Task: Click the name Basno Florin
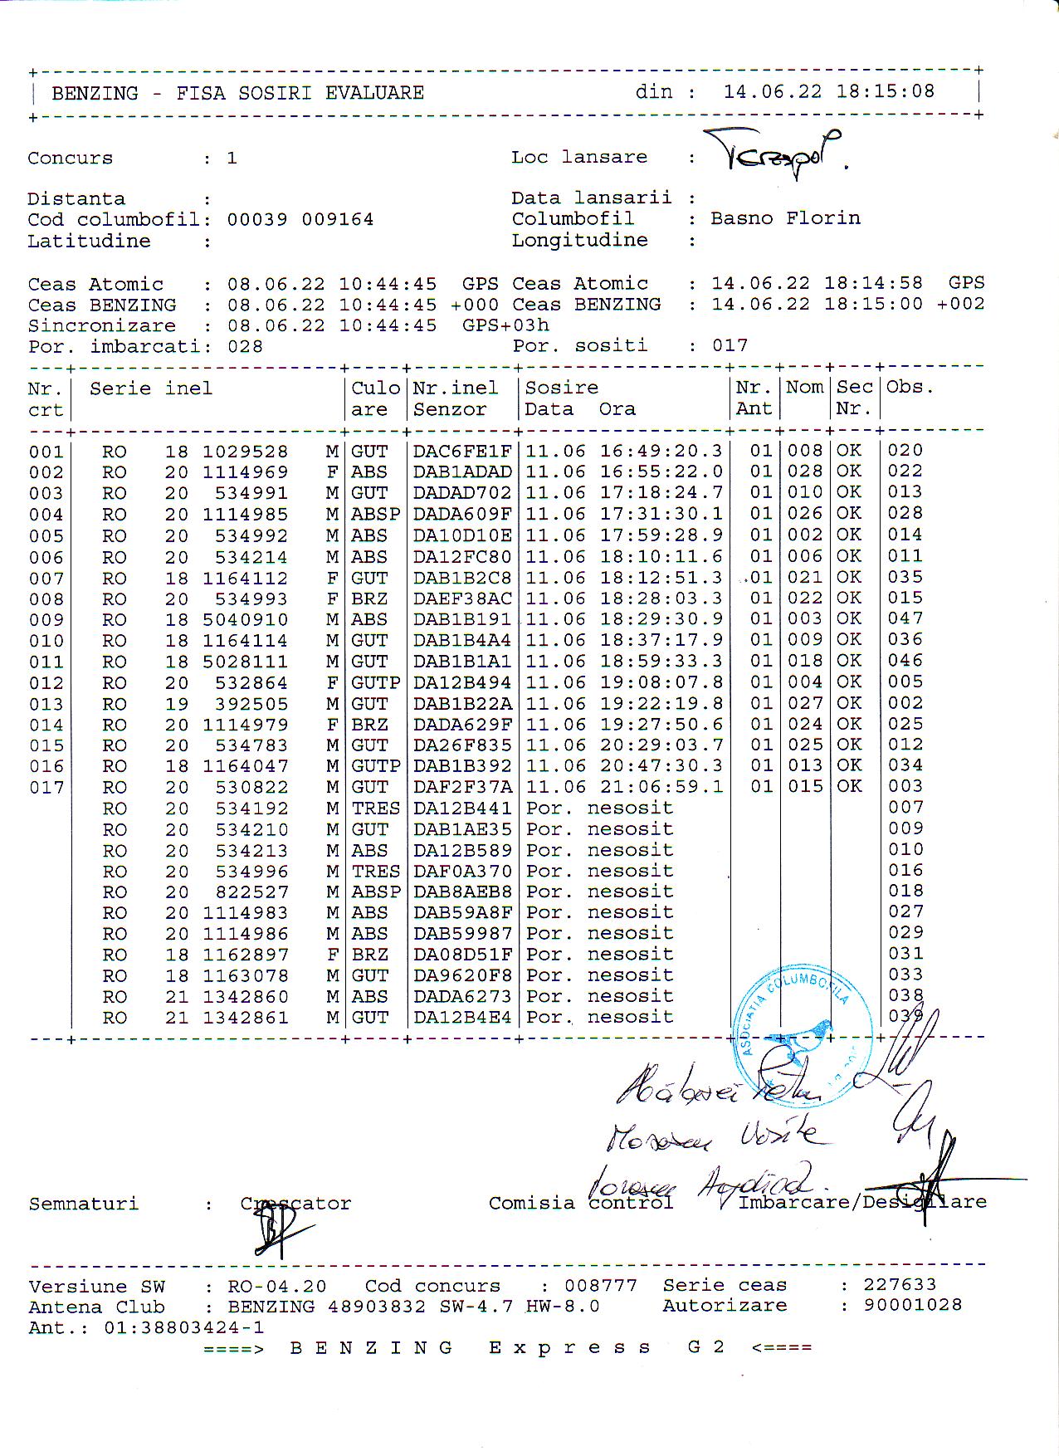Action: point(784,218)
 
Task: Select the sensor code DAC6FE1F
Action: point(462,451)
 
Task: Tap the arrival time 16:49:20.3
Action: point(661,451)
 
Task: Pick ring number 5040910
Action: point(246,620)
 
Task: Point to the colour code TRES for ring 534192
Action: point(375,809)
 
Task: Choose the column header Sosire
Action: point(562,388)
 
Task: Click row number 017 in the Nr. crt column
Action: point(46,788)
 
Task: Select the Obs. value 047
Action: point(905,618)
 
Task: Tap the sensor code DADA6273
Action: point(462,996)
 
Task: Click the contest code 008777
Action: point(601,1285)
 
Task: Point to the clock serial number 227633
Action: point(900,1284)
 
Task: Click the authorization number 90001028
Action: point(912,1305)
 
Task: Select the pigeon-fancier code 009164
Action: point(337,220)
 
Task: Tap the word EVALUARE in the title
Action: point(374,93)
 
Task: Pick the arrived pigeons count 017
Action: point(730,345)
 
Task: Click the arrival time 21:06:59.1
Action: point(661,787)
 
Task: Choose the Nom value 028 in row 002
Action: point(804,471)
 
